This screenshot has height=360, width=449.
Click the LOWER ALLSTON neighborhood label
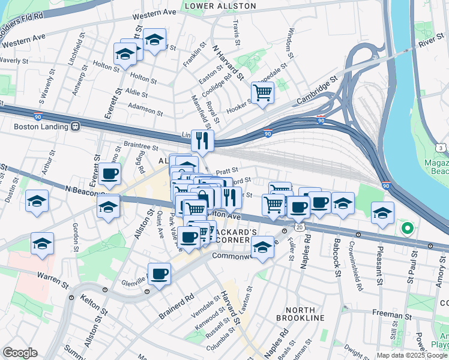pyautogui.click(x=220, y=6)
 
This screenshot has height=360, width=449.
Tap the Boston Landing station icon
pyautogui.click(x=76, y=127)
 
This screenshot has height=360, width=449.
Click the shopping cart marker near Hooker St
pyautogui.click(x=262, y=93)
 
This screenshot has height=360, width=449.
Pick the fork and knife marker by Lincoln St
pyautogui.click(x=202, y=141)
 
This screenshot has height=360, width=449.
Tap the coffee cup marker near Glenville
pyautogui.click(x=159, y=274)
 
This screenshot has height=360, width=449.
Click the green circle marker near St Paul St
pyautogui.click(x=407, y=228)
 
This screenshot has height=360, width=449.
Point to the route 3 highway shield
pyautogui.click(x=441, y=148)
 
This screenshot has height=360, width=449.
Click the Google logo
pyautogui.click(x=20, y=353)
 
